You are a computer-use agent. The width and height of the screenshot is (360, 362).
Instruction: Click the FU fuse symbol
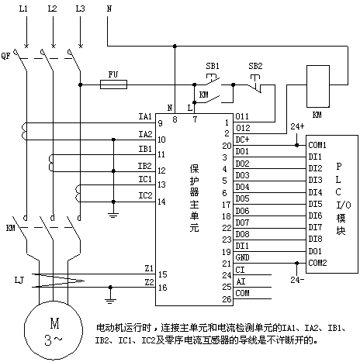click(113, 84)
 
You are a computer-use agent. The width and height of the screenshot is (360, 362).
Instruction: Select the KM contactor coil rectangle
click(318, 86)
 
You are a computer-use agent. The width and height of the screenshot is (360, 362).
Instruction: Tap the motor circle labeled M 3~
click(54, 330)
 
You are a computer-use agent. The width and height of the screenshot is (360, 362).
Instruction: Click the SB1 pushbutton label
click(213, 66)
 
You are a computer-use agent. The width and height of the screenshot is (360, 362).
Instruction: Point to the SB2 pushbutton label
click(255, 66)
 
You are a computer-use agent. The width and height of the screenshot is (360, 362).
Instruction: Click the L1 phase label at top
click(23, 9)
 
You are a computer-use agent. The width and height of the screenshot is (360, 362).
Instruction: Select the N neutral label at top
click(109, 9)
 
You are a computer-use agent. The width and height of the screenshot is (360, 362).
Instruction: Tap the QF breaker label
click(5, 56)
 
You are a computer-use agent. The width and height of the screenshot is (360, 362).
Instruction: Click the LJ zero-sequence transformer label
click(19, 280)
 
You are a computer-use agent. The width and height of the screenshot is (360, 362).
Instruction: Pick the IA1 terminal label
click(145, 116)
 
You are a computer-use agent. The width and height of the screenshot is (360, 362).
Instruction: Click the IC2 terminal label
click(145, 195)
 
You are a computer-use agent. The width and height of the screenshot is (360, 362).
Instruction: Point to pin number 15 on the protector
click(162, 274)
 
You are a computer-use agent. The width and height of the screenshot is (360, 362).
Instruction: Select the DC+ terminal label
click(242, 140)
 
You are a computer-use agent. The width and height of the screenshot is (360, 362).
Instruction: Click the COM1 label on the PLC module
click(317, 145)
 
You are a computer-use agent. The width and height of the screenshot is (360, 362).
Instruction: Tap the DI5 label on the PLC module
click(315, 204)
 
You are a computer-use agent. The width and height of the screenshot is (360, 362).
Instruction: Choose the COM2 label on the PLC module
click(317, 263)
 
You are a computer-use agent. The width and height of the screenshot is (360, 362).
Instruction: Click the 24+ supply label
click(297, 126)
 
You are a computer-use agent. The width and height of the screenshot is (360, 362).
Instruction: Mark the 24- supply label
click(297, 280)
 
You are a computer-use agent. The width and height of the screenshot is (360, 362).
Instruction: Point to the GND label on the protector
click(242, 257)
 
